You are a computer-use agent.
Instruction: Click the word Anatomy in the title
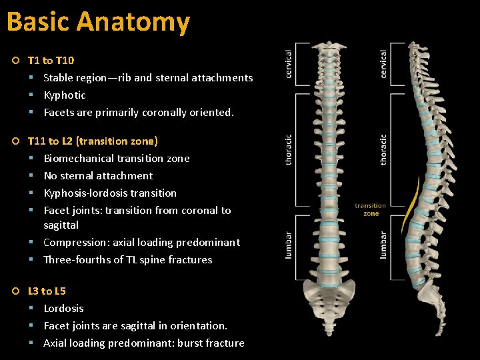coord(133,22)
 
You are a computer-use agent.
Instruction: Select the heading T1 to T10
coord(51,61)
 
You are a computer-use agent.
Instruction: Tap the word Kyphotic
coord(65,95)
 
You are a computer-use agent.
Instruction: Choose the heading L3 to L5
coord(47,291)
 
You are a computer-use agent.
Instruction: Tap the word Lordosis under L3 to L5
coord(63,309)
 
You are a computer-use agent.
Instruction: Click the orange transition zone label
coord(371,210)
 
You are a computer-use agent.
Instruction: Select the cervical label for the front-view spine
coord(289,64)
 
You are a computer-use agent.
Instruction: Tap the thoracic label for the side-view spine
coord(383,150)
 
